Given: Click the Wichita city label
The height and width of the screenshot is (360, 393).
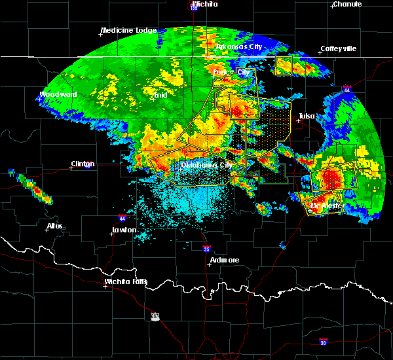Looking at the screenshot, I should [205, 4].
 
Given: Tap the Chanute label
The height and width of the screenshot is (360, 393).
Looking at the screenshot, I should [346, 4].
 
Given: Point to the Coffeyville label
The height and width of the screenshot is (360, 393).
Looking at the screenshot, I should [338, 49].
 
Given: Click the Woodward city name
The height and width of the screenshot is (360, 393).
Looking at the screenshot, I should [58, 94].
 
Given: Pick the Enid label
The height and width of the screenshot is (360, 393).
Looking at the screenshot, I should [159, 95].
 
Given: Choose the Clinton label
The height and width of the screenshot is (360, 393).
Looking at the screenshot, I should [83, 164].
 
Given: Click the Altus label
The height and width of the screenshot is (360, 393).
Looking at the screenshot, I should [55, 226].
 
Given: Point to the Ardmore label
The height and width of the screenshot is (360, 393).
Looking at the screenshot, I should [224, 260].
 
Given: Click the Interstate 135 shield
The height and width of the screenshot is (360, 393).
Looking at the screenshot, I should [195, 7].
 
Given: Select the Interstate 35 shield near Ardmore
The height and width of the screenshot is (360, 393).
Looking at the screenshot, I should [206, 249].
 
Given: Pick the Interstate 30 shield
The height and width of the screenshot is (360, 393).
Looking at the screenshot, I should [323, 342].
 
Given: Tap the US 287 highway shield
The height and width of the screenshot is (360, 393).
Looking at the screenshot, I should [155, 316].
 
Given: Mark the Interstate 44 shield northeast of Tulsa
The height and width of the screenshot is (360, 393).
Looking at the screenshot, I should [346, 88].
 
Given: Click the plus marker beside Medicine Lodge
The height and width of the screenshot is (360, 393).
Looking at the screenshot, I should [103, 34].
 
